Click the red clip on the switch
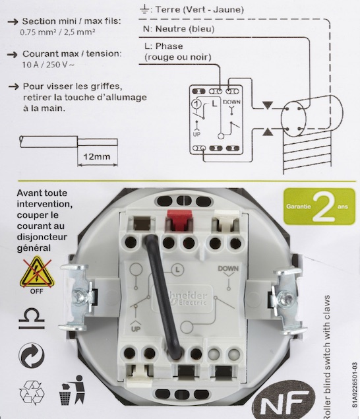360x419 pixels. pos(179,219)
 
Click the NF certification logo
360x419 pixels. pos(284,403)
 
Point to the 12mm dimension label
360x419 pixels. pos(97,156)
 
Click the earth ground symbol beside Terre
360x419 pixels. pos(144,10)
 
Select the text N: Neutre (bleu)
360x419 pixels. pos(179,29)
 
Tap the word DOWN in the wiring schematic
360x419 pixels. pos(231,102)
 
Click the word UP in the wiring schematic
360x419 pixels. pos(196,135)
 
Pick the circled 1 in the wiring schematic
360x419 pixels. pos(197,104)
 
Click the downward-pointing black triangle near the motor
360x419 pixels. pos(267,105)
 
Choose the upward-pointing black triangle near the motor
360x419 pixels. pos(267,132)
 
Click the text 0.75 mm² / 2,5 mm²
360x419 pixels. pos(57,32)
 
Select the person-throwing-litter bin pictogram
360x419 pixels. pos(72,390)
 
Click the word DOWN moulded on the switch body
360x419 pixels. pos(228,269)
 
